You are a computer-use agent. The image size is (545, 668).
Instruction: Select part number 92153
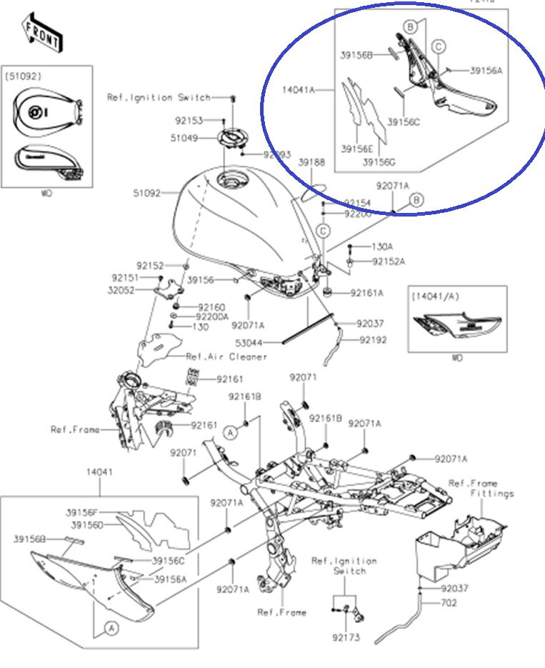pyautogui.click(x=189, y=121)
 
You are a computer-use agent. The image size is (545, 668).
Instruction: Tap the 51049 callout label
pyautogui.click(x=184, y=138)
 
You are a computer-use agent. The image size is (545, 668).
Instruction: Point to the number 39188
pyautogui.click(x=311, y=164)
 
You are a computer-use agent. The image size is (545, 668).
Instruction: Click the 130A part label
pyautogui.click(x=381, y=247)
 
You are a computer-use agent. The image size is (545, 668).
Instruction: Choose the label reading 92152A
pyautogui.click(x=389, y=262)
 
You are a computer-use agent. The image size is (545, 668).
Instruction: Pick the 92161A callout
pyautogui.click(x=366, y=293)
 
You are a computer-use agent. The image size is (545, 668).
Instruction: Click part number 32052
pyautogui.click(x=121, y=290)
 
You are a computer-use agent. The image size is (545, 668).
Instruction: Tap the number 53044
pyautogui.click(x=251, y=343)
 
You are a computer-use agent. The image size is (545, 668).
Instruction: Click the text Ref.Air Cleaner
pyautogui.click(x=226, y=357)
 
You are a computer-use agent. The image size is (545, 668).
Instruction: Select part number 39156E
pyautogui.click(x=357, y=149)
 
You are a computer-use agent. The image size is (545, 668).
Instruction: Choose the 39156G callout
pyautogui.click(x=379, y=162)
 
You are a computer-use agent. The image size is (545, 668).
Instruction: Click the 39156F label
pyautogui.click(x=85, y=512)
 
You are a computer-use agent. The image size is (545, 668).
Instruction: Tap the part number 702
pyautogui.click(x=448, y=603)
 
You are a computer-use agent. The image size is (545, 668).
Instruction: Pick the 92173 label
pyautogui.click(x=346, y=637)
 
